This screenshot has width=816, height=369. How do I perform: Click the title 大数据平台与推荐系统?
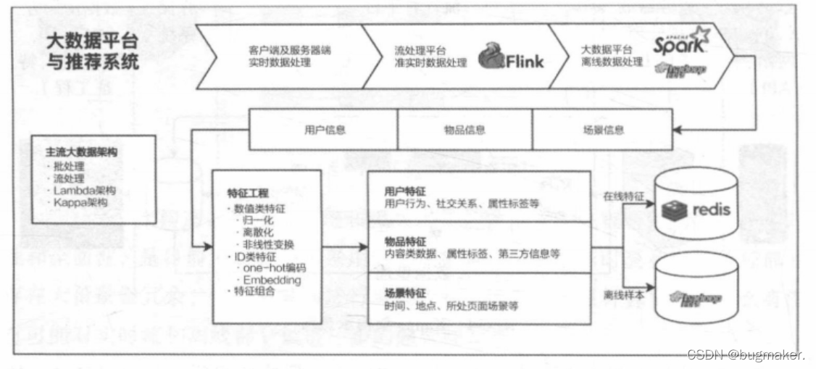[91, 51]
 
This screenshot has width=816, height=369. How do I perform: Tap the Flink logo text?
[519, 62]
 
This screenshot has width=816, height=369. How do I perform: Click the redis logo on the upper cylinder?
[696, 210]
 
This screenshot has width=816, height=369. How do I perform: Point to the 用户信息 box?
[325, 130]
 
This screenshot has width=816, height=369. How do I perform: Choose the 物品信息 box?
[465, 130]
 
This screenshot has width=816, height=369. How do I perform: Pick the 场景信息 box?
[603, 130]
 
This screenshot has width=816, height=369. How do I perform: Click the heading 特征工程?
[248, 194]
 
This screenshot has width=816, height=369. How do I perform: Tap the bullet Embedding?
[272, 280]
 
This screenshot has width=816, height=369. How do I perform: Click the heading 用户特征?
[405, 191]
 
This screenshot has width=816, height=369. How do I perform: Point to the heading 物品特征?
[405, 239]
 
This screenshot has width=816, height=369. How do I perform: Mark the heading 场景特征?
[405, 294]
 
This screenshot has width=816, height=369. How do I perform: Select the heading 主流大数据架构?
[81, 154]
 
